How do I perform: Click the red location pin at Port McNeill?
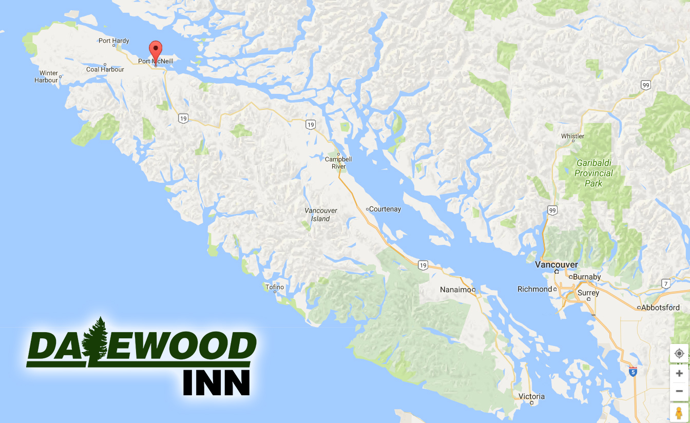click(156, 50)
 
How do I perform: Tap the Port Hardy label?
click(114, 41)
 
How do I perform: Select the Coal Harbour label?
click(105, 69)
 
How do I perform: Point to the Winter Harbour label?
click(46, 76)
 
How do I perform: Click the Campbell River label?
click(336, 163)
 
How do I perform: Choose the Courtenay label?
click(385, 209)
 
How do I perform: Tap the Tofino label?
click(275, 287)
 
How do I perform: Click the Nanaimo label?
click(455, 290)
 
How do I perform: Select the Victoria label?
click(531, 396)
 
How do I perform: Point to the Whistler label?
click(572, 136)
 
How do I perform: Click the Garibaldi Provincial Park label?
click(593, 173)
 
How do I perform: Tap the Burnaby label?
click(586, 277)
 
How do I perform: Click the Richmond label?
click(534, 289)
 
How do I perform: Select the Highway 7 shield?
click(666, 283)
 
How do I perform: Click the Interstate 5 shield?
click(633, 372)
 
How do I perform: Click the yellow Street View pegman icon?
click(679, 413)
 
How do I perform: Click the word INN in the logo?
click(217, 382)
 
